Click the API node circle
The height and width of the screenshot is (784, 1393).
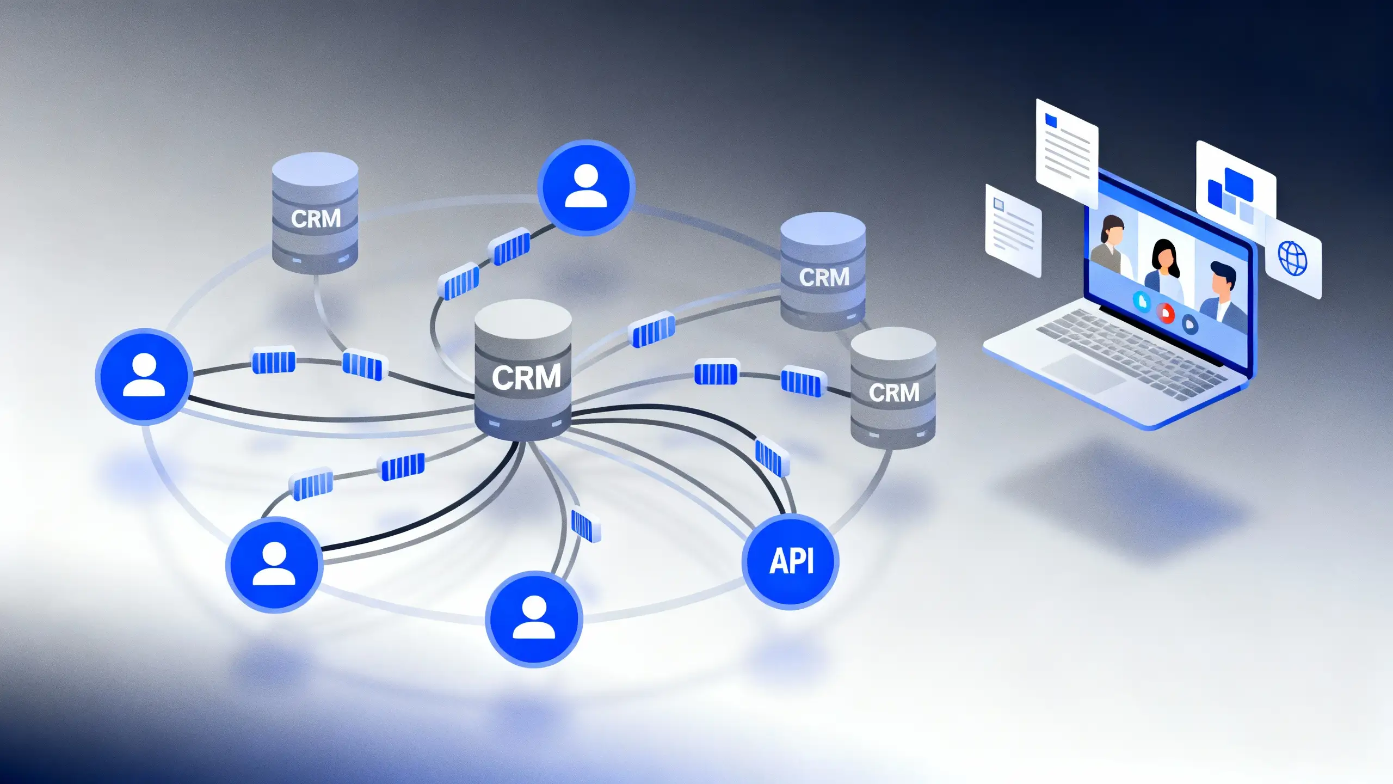pos(791,561)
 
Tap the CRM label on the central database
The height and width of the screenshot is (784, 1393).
pos(526,377)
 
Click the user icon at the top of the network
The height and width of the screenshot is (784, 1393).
pos(586,187)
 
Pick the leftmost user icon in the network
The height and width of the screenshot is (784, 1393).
pos(144,376)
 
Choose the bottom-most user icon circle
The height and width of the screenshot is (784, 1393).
pos(534,618)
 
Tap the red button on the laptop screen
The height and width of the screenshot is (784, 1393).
pos(1166,313)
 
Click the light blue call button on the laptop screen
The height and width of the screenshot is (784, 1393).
pos(1142,301)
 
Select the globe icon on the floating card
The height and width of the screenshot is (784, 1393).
pos(1292,259)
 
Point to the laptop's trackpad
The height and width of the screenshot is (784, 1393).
pos(1084,373)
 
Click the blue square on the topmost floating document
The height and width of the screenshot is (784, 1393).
pos(1051,120)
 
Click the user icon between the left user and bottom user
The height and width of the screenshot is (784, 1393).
pos(274,565)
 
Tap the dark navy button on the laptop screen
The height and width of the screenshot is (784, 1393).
pos(1190,325)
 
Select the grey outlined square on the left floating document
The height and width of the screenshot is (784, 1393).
pos(998,204)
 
